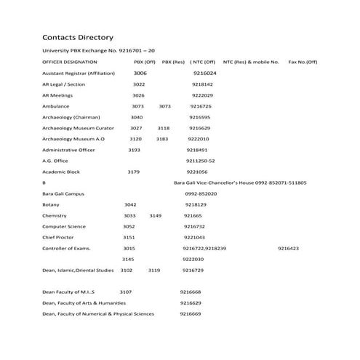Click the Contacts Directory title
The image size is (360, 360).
(77, 36)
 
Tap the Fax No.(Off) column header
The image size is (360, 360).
(303, 63)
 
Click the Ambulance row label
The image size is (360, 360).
(55, 106)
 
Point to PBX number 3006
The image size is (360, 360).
(140, 73)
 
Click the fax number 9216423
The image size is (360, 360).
(288, 248)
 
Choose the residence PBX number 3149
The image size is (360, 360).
(156, 215)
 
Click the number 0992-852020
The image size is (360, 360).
(201, 193)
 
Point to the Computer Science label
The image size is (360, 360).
(64, 226)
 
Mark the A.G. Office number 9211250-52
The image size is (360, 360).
(200, 161)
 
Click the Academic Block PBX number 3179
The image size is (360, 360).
(133, 172)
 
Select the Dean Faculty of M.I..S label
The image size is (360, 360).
(68, 292)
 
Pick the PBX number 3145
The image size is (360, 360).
(128, 259)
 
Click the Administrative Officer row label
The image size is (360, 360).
(68, 150)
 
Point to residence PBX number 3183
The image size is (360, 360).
(162, 139)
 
